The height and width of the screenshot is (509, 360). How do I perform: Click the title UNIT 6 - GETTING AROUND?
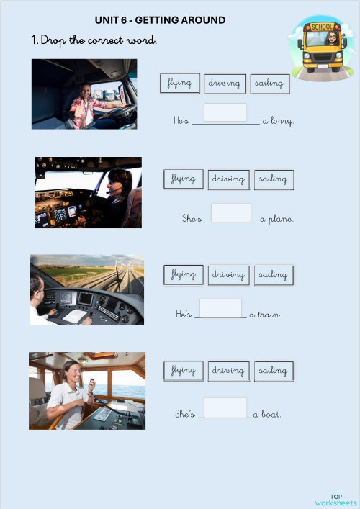click(x=160, y=20)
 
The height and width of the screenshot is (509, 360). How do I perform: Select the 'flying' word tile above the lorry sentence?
click(x=179, y=84)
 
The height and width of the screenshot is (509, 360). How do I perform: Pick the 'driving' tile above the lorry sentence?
click(x=225, y=84)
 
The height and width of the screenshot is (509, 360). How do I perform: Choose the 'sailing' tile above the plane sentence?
click(x=274, y=179)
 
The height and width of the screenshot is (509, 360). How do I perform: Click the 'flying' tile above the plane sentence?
click(x=184, y=179)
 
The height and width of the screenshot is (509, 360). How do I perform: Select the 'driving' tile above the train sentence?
click(x=229, y=275)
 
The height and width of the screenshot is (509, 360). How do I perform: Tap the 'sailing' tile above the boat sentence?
click(x=274, y=371)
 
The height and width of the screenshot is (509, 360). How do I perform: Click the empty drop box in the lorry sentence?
click(x=225, y=113)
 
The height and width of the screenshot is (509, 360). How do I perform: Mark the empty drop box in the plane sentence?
click(x=230, y=212)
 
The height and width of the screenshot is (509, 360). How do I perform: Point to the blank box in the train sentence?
click(x=220, y=308)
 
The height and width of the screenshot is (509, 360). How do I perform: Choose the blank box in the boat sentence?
click(x=225, y=407)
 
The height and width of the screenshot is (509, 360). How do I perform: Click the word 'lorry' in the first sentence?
click(x=282, y=121)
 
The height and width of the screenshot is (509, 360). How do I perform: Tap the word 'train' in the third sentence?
click(x=269, y=315)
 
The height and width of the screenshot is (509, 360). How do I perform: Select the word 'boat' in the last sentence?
click(x=271, y=415)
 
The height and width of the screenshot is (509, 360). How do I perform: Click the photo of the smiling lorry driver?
click(x=84, y=94)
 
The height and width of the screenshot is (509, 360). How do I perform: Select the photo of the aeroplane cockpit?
click(x=88, y=192)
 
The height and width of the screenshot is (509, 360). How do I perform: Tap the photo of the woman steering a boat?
click(x=87, y=390)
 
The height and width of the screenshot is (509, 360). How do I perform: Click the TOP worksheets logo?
click(x=336, y=500)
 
